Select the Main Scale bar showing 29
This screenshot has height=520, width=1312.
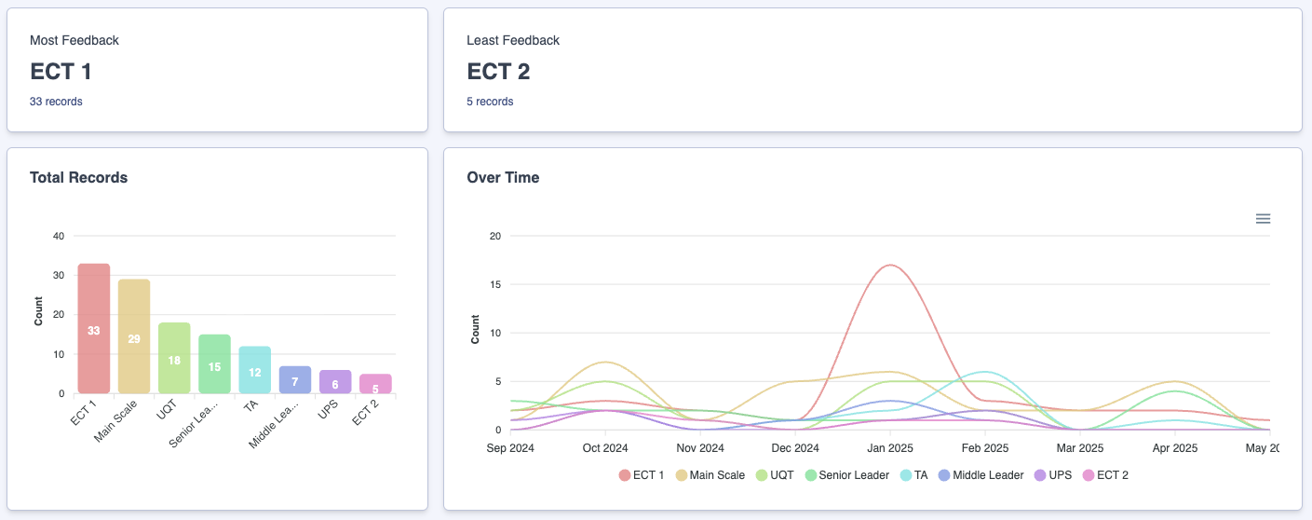[134, 336]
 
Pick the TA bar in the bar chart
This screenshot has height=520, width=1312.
[254, 370]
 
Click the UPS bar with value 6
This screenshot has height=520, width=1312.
[335, 382]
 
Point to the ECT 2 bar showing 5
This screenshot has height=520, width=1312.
[375, 384]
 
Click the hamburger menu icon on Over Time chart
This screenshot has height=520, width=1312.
[1263, 219]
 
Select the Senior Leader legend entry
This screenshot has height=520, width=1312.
[846, 475]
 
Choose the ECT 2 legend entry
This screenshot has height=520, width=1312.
[1105, 475]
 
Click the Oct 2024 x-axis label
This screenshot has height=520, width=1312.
[604, 448]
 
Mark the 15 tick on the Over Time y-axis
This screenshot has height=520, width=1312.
[495, 284]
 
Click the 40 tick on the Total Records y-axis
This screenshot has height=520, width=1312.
[59, 236]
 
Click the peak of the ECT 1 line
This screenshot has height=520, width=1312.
[890, 266]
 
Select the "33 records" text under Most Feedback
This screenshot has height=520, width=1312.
[56, 102]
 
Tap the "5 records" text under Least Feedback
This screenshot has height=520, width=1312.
[490, 102]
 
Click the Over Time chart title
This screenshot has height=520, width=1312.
[503, 177]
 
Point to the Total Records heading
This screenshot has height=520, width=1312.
[78, 177]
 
